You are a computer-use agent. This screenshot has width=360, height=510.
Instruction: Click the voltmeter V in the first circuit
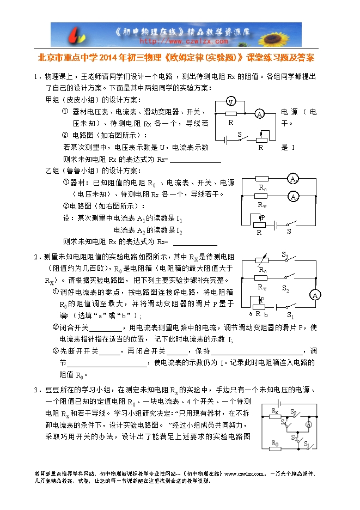point(231,102)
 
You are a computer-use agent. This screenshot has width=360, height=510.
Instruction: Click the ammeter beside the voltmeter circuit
point(260,113)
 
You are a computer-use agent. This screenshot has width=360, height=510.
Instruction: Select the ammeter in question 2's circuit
point(314,295)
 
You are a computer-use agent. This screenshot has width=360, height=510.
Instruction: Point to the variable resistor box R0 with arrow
point(263,260)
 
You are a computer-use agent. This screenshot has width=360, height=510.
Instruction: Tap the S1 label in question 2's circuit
point(290,315)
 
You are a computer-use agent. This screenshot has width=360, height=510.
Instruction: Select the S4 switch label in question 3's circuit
point(283,422)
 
